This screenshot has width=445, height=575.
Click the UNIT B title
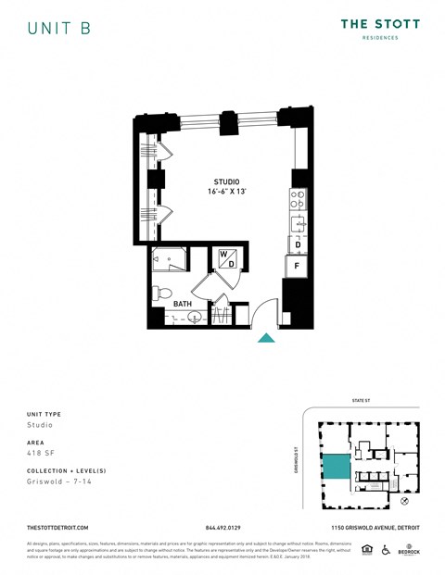click(58, 29)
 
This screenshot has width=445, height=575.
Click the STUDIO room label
click(227, 181)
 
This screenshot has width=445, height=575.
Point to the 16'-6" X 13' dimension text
click(227, 193)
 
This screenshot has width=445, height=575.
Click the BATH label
click(183, 301)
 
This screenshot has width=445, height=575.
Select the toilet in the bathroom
click(161, 292)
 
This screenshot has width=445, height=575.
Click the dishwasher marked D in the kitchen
click(297, 245)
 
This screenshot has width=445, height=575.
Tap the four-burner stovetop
click(298, 198)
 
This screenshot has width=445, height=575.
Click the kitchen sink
click(297, 222)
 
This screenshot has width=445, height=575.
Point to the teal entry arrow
click(266, 339)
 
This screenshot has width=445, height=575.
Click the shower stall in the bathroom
click(167, 260)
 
